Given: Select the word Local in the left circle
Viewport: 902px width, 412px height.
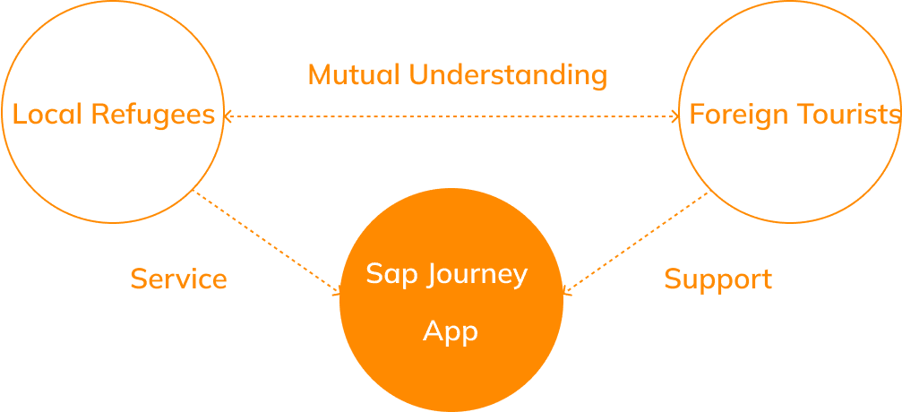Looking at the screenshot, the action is [x=47, y=114].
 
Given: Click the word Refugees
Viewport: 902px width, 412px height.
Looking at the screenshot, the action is [x=153, y=116].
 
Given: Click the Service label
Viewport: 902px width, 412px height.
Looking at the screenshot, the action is [x=179, y=279].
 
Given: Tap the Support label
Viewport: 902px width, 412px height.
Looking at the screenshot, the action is [x=717, y=280].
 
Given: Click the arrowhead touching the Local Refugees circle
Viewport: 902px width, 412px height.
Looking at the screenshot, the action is [x=228, y=116].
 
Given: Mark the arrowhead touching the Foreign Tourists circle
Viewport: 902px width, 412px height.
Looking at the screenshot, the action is [x=675, y=116].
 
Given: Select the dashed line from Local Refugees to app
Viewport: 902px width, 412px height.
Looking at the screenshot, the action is [x=268, y=242].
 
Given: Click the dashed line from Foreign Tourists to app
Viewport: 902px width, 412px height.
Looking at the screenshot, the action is [x=635, y=243].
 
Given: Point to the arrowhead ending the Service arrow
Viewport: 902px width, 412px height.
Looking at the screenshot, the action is [x=337, y=292].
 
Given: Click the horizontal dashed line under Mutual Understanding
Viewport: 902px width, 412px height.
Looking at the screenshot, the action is [x=451, y=116].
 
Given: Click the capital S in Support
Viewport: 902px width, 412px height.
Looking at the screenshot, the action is [x=673, y=279].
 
